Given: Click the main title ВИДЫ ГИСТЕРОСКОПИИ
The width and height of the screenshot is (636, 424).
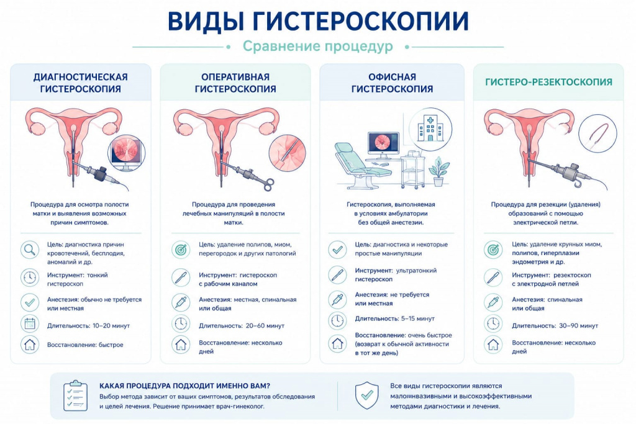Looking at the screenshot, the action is (318, 20).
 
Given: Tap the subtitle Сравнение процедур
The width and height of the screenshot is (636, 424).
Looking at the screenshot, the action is (317, 46).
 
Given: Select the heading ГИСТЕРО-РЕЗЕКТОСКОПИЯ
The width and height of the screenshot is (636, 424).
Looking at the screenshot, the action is (548, 83).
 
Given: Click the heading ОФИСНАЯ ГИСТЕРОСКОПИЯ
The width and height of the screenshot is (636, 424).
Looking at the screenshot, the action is (392, 83).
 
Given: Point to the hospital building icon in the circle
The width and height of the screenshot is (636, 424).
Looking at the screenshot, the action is (430, 127).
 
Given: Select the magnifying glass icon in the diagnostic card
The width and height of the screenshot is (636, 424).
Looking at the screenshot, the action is (30, 250).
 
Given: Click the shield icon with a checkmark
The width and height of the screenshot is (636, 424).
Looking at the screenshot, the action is (366, 395).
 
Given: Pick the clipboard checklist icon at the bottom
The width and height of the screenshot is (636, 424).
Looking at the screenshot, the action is (75, 395).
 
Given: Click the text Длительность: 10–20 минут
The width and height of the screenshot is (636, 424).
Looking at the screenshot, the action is (88, 325).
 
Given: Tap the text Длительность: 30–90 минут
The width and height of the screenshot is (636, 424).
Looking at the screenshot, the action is (555, 325).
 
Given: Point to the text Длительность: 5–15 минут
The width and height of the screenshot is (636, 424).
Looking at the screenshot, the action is (394, 318).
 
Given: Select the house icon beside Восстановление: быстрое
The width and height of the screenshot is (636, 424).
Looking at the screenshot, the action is (30, 345).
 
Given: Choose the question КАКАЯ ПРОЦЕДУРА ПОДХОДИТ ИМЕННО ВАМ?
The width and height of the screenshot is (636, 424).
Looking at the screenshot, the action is (184, 386).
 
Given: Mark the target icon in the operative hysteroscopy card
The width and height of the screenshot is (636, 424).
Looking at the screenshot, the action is (181, 250).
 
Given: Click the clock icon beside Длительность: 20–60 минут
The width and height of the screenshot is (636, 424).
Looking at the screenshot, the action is (181, 323).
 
